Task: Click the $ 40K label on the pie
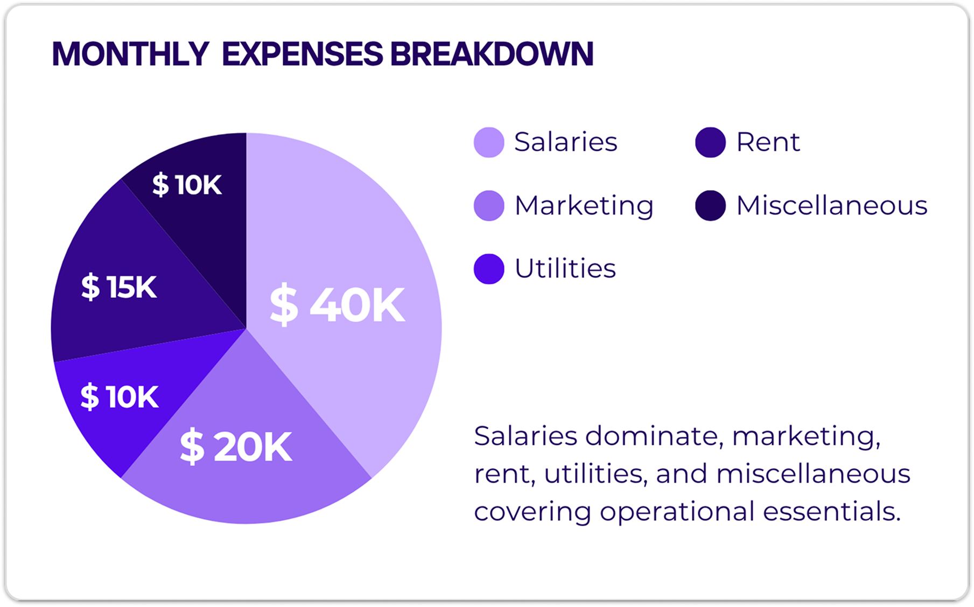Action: tap(337, 305)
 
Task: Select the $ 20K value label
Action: tap(236, 446)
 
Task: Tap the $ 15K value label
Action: tap(118, 287)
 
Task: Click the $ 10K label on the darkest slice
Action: tap(187, 185)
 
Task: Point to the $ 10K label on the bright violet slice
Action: tap(119, 397)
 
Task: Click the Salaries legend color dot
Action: tap(489, 142)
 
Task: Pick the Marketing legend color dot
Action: tap(489, 206)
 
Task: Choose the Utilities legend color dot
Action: tap(489, 269)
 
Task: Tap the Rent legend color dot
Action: tap(710, 142)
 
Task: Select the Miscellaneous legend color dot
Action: tap(710, 206)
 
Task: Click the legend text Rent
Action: tap(768, 142)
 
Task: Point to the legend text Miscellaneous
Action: tap(831, 206)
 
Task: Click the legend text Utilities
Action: tap(565, 268)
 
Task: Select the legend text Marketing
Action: tap(584, 206)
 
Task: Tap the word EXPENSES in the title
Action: tap(302, 54)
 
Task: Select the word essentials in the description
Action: tap(832, 511)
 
